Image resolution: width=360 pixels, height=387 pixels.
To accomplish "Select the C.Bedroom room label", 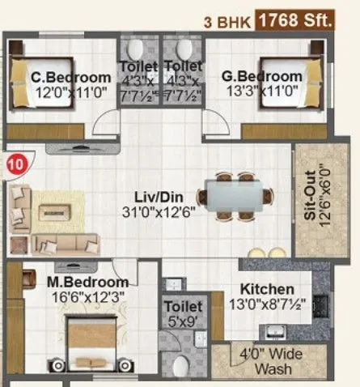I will click(x=70, y=78).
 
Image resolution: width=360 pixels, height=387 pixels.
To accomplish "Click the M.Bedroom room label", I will click(x=87, y=282).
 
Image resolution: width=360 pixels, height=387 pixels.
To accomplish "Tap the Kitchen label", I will click(x=266, y=289).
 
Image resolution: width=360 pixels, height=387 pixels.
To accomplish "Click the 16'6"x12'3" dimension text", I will click(x=88, y=297).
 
